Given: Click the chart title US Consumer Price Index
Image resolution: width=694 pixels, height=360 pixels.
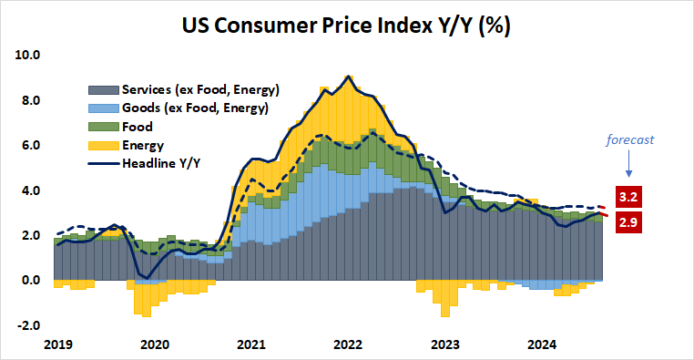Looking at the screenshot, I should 347,25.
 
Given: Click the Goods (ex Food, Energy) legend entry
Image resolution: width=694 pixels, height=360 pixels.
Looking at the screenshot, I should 188,108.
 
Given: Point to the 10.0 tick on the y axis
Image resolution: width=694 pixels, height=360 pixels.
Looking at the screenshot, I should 28,55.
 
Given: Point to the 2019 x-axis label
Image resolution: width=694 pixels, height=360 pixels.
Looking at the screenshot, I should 56,344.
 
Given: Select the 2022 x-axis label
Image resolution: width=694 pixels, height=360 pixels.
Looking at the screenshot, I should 349,344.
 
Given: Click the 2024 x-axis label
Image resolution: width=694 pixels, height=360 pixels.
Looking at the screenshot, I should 544,344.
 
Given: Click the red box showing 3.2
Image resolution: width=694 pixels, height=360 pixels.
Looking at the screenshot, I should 627,197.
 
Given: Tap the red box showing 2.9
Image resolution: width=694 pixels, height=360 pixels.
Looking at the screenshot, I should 627,221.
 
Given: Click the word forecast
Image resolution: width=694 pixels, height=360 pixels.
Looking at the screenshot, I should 632,140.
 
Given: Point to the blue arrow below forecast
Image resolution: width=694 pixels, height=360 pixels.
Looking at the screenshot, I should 628,165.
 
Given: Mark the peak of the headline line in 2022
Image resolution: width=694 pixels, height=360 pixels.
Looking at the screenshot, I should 349,77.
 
